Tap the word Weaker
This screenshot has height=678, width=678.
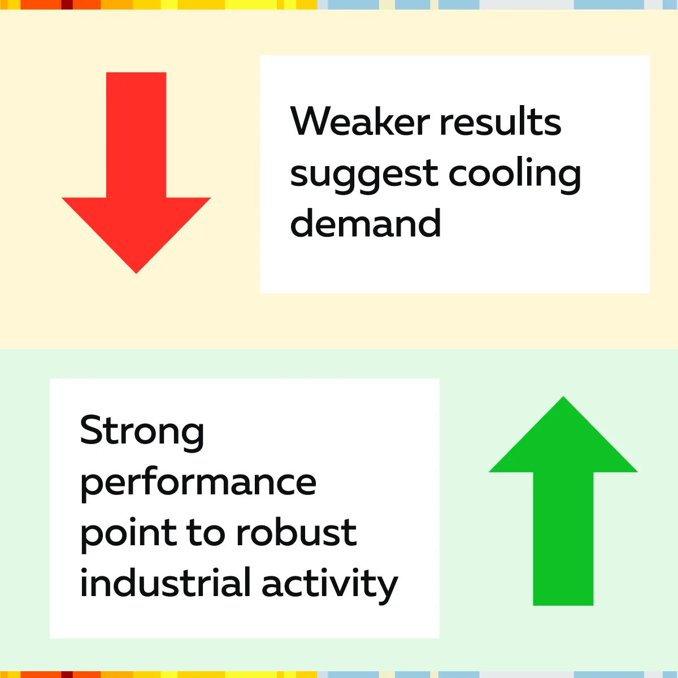point(360,121)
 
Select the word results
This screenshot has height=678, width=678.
point(500,121)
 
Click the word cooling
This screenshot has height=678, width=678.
point(514,173)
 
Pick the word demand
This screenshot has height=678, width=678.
point(365,223)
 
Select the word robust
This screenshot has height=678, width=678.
point(297,531)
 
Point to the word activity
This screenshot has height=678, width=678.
point(329,585)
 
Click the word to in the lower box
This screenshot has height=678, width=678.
point(206,533)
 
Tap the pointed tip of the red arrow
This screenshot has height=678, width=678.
point(136,273)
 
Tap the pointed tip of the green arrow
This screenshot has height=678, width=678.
point(563,397)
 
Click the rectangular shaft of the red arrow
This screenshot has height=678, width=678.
point(136,135)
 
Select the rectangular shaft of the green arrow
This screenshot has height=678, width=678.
point(563,538)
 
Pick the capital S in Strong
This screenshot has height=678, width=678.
point(92,430)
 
